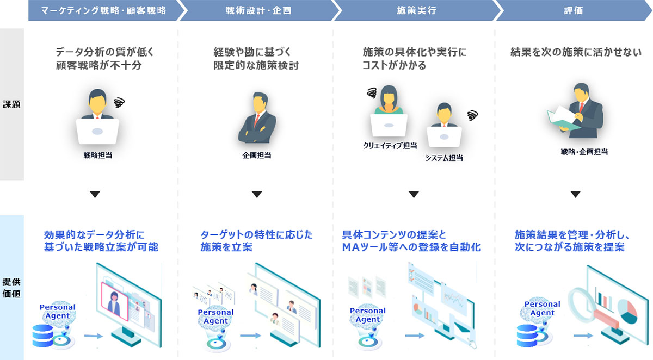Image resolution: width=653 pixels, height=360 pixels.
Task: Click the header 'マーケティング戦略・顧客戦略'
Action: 103,10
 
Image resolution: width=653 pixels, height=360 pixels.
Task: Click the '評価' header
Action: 574,10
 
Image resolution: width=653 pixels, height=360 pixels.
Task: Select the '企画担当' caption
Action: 257,156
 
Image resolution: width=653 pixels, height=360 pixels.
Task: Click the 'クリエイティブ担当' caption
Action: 390,146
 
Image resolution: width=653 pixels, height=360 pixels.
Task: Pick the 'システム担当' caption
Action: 444,158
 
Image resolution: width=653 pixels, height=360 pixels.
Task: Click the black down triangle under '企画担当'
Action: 257,194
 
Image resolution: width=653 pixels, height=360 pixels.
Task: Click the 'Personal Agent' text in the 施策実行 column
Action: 367,315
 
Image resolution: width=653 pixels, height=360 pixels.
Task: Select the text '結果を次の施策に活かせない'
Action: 576,53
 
